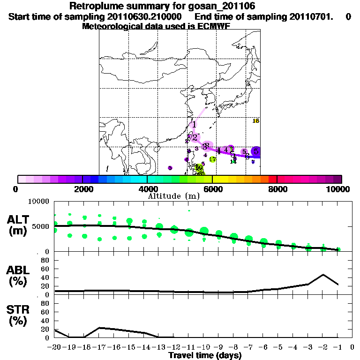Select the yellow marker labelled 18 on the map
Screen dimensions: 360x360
[x=256, y=121]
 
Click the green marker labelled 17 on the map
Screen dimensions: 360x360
[x=212, y=159]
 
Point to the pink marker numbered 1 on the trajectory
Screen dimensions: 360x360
[x=194, y=125]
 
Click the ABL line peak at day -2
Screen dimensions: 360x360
[x=323, y=275]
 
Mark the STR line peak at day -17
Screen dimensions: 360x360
[x=99, y=328]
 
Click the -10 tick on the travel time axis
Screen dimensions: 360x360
[x=204, y=347]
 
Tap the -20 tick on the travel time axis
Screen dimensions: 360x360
[x=55, y=347]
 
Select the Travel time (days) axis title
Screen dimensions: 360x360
[x=205, y=355]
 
